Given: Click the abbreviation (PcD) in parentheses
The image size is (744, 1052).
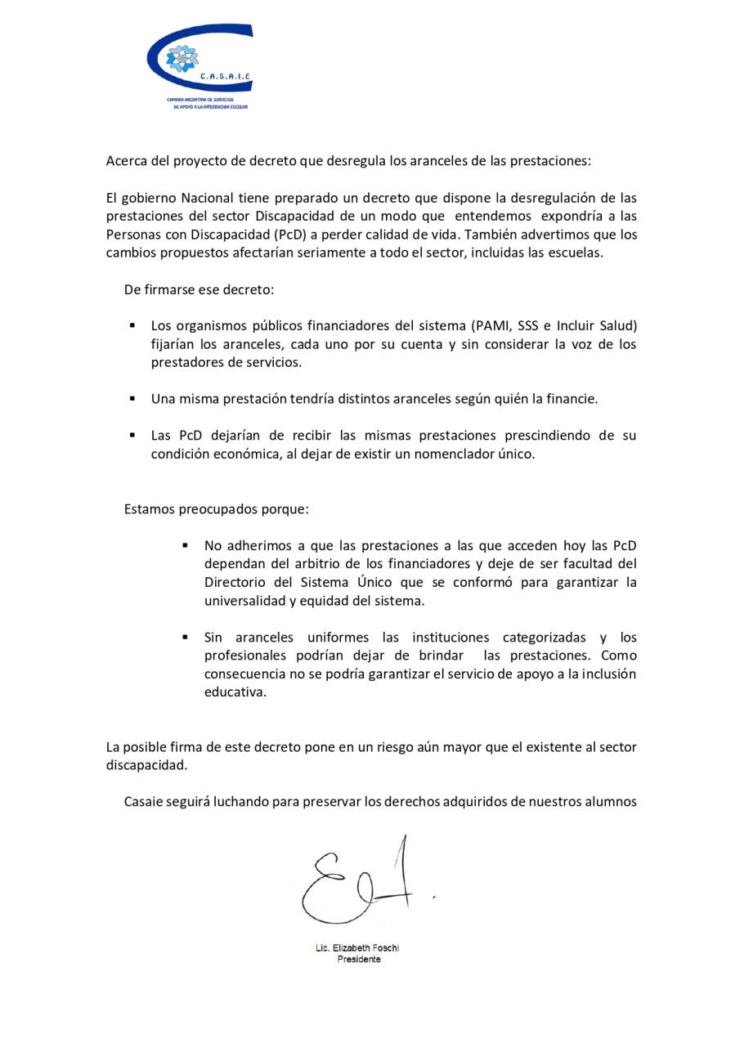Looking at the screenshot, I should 286,234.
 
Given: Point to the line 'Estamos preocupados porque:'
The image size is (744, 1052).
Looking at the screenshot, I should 217,508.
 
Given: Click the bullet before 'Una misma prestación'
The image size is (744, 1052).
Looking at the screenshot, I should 132,399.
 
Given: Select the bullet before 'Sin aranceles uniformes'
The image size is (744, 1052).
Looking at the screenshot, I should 186,637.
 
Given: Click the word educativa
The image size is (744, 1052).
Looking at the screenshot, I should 235,692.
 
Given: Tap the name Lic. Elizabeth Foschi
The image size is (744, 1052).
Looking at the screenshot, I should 357,948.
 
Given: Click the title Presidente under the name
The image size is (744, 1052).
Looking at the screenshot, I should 358,960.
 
